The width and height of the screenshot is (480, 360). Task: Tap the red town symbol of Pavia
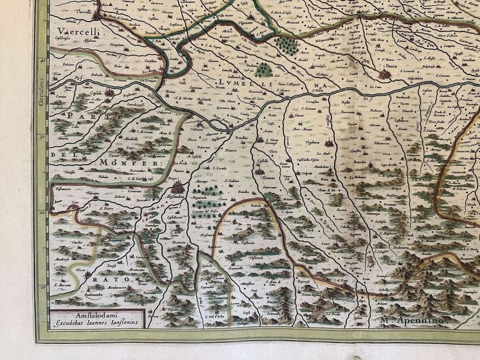pyautogui.click(x=384, y=74)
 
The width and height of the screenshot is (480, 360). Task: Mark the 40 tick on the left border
pyautogui.click(x=43, y=61)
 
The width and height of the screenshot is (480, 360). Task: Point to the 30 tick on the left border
pyautogui.click(x=43, y=136)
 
